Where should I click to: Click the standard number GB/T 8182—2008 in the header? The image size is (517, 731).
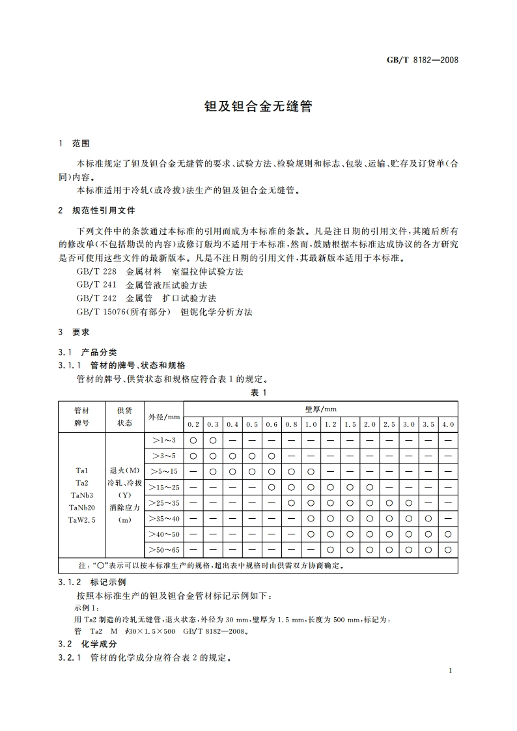pos(423,60)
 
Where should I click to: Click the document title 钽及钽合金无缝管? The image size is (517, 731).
pos(258,106)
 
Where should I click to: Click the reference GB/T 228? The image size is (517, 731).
pos(96,271)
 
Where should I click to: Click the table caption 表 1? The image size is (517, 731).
pos(258,393)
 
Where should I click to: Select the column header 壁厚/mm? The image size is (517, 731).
pos(320,409)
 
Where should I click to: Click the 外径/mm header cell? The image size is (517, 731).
pos(164,417)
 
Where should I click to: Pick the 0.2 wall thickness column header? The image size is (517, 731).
pos(193,424)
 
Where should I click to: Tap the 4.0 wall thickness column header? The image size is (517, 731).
pos(448,424)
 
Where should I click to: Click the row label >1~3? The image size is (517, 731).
pos(164,440)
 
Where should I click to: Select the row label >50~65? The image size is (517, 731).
pos(164,550)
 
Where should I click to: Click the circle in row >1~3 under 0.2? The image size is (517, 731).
pos(193,440)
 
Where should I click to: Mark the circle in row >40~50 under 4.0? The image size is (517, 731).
pos(448,534)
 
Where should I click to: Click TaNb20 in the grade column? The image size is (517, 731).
pos(82,507)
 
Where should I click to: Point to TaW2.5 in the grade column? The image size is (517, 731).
pos(82,519)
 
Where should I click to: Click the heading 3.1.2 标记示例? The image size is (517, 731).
pos(92,582)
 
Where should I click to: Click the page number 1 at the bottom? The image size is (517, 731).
pos(450,670)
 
